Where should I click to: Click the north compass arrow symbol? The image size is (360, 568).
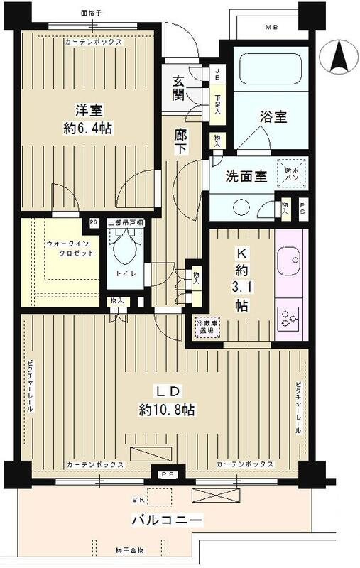(339, 55)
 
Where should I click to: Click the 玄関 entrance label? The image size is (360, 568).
(178, 86)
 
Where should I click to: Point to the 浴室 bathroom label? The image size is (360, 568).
(273, 118)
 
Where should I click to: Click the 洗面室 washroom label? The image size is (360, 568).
(246, 177)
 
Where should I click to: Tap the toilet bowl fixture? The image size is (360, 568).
(125, 248)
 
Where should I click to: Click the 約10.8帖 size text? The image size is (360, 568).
(168, 410)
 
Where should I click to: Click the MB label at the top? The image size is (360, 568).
(271, 28)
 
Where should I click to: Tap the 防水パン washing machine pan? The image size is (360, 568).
(291, 172)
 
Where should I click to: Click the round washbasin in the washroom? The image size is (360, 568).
(241, 207)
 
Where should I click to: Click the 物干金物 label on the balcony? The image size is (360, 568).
(129, 550)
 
